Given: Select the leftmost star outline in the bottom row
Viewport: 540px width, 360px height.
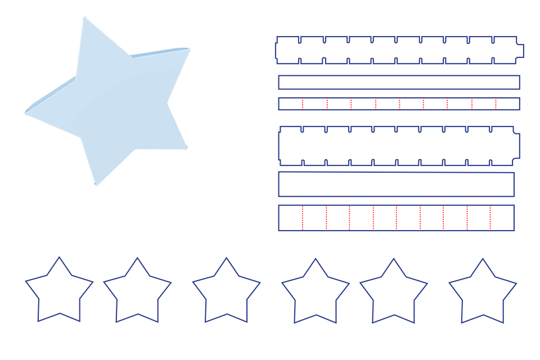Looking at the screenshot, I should pyautogui.click(x=59, y=292).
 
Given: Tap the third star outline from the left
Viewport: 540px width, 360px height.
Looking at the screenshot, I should pyautogui.click(x=226, y=293).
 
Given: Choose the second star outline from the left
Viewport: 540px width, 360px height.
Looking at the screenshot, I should pyautogui.click(x=137, y=293).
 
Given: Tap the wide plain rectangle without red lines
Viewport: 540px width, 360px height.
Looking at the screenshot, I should pyautogui.click(x=396, y=184).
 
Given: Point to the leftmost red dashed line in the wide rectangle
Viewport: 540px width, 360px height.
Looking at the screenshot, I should pyautogui.click(x=303, y=218).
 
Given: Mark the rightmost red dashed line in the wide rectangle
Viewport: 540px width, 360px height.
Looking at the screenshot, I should pyautogui.click(x=490, y=218).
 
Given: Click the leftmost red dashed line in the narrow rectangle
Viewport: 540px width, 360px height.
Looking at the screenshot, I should pyautogui.click(x=303, y=104).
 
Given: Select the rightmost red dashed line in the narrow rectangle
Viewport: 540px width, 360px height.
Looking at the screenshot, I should pyautogui.click(x=496, y=104).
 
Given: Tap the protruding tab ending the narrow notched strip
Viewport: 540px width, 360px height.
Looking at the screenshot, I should pyautogui.click(x=520, y=50).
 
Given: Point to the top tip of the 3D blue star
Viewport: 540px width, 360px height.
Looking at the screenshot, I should pyautogui.click(x=84, y=17).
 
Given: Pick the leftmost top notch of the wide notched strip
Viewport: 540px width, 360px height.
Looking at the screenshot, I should pyautogui.click(x=303, y=129).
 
